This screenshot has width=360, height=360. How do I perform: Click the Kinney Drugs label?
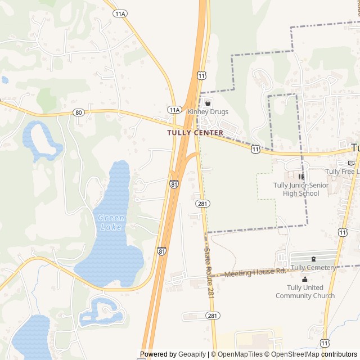(x=208, y=112)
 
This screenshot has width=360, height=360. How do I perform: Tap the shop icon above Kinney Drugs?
(x=208, y=102)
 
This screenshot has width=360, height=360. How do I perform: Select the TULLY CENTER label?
(x=195, y=133)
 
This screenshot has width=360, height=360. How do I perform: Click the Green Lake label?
(x=111, y=222)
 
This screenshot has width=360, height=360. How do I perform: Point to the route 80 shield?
(x=78, y=112)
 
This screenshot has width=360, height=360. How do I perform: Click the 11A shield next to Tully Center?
(x=174, y=110)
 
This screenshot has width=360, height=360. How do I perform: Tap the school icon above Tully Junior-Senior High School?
(x=301, y=177)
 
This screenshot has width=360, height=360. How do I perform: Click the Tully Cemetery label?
(x=313, y=268)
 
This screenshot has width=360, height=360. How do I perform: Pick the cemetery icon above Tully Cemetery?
(x=313, y=259)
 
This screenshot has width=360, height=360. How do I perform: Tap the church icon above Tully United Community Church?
(x=305, y=280)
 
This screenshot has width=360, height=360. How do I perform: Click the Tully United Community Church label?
(x=305, y=291)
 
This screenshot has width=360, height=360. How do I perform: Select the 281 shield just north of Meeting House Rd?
(x=201, y=203)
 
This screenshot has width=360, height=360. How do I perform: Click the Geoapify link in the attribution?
(x=192, y=354)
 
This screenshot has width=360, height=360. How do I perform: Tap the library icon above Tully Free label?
(x=351, y=163)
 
